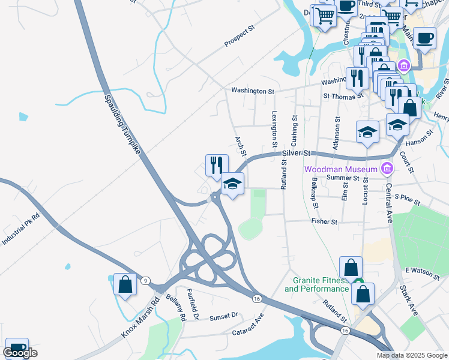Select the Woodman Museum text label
pos(340,169)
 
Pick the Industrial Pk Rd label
pos(20,229)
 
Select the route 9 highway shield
pos(146,281)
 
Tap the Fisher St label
pos(325,221)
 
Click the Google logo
pos(20,353)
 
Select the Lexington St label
pos(274,129)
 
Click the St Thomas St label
pos(343,95)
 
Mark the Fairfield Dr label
pos(193,303)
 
